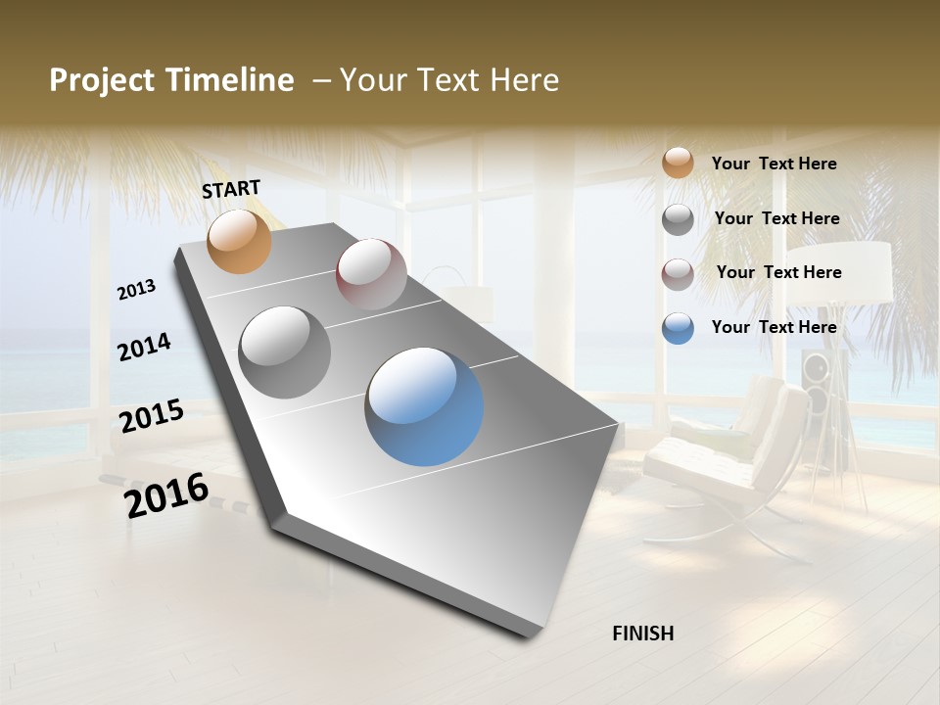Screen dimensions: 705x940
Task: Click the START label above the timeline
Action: (x=231, y=188)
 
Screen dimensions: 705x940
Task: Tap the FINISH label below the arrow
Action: (x=643, y=634)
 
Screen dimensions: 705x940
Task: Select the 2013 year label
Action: (x=136, y=290)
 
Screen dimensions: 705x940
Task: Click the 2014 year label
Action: (x=144, y=347)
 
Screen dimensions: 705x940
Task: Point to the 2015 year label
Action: (x=152, y=416)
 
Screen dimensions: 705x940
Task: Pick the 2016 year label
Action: (x=166, y=495)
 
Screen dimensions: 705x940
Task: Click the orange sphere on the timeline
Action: (x=239, y=241)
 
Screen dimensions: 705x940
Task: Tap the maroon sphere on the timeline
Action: (x=371, y=274)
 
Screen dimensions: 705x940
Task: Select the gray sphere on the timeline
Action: (x=285, y=352)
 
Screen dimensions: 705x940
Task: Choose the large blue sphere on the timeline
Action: (x=424, y=405)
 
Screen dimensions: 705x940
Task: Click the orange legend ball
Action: (x=678, y=163)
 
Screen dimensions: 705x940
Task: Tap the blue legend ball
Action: (x=678, y=327)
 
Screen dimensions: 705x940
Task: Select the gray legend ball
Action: (x=678, y=219)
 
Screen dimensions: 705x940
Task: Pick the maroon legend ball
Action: (x=678, y=274)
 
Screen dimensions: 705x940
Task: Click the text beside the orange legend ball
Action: (x=774, y=164)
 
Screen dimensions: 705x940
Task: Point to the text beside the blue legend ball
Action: (x=774, y=327)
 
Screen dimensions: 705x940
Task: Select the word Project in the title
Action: (x=100, y=80)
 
